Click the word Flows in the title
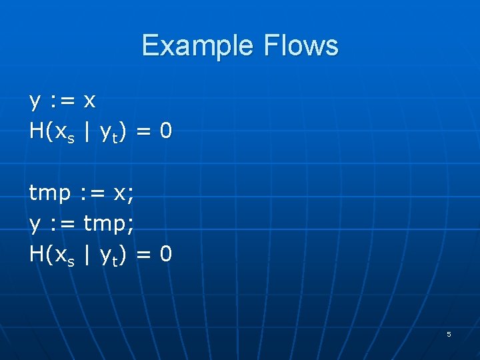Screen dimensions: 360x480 pyautogui.click(x=301, y=46)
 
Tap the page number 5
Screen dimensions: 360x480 pyautogui.click(x=449, y=334)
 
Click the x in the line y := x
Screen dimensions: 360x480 pyautogui.click(x=90, y=101)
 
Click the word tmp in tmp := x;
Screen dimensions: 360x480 pyautogui.click(x=50, y=193)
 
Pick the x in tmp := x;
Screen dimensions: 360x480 pyautogui.click(x=121, y=193)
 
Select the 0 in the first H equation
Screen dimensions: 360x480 pyautogui.click(x=166, y=131)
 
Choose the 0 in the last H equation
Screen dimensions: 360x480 pyautogui.click(x=166, y=254)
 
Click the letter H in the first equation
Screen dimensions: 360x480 pyautogui.click(x=37, y=131)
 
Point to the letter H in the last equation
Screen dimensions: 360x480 pyautogui.click(x=37, y=254)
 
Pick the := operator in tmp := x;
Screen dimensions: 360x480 pyautogui.click(x=93, y=193)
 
